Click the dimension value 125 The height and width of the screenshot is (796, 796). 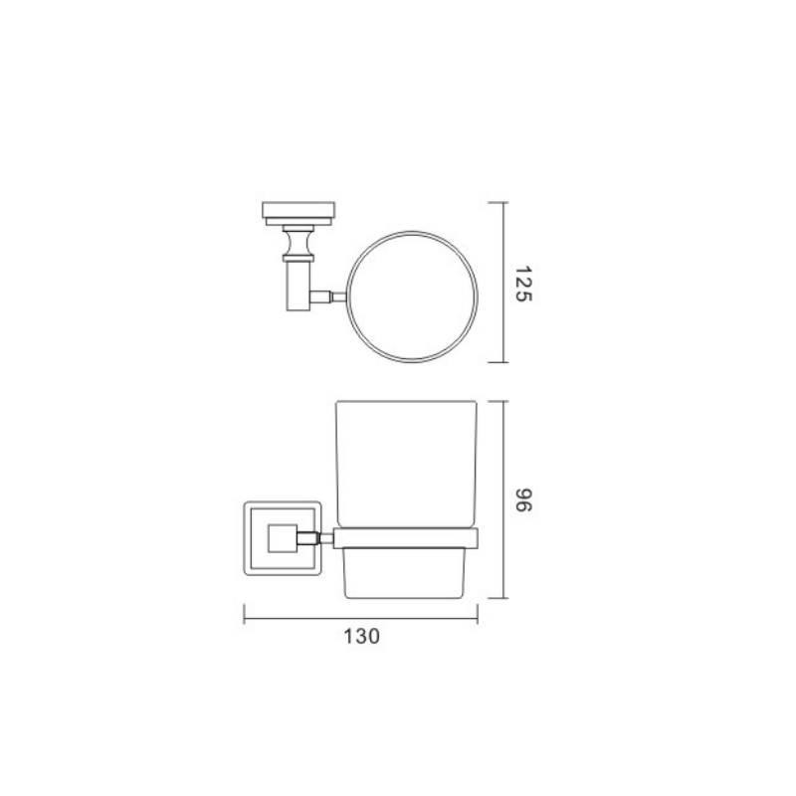click(x=523, y=284)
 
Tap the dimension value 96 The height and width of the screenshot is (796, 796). click(x=523, y=500)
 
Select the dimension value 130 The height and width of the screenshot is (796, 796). click(x=361, y=636)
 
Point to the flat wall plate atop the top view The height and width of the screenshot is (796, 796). click(x=298, y=210)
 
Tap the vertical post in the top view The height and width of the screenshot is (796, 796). click(x=298, y=286)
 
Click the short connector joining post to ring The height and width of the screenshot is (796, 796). click(x=329, y=297)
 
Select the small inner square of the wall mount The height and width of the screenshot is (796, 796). click(x=283, y=538)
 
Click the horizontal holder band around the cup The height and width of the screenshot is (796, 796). click(x=406, y=538)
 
